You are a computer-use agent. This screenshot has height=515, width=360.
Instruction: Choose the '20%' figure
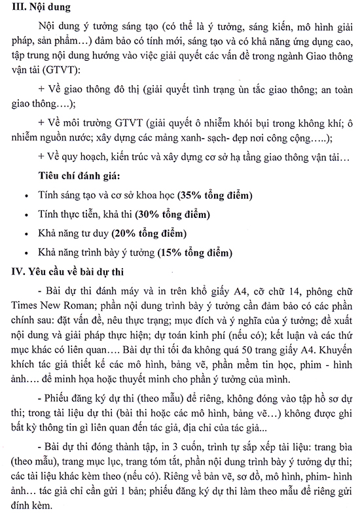click(124, 233)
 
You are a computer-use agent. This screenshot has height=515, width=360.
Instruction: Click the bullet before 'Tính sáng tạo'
click(25, 196)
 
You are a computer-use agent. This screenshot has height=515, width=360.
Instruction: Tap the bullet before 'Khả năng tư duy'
click(25, 234)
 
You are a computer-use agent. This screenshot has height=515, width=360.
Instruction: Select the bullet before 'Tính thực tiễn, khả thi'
click(25, 215)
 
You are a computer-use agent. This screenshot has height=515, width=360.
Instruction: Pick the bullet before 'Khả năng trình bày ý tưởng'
click(25, 253)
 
